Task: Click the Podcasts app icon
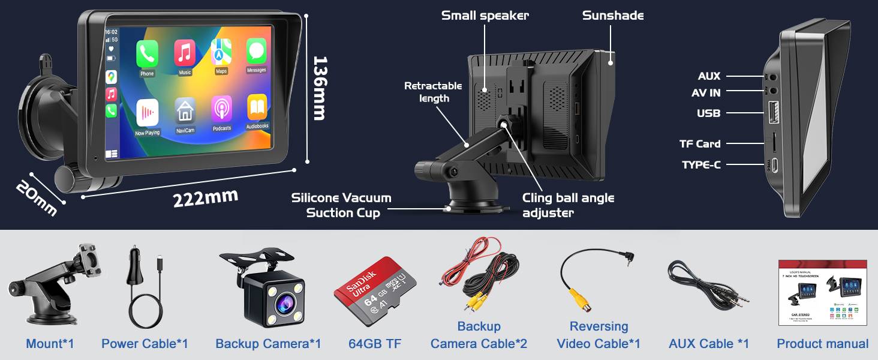coord(221,109)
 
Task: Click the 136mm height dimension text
coord(320,88)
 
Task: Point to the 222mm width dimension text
coord(205,197)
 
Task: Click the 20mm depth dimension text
coord(37,196)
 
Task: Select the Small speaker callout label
coord(485,16)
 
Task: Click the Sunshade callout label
coord(612,16)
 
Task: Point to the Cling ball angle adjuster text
coord(568,205)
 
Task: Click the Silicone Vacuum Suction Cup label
coord(341,205)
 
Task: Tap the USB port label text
coord(708,113)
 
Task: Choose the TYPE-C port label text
coord(701,164)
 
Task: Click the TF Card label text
coord(699,143)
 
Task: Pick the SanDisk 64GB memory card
coord(375,291)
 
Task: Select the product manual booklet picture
coord(822,293)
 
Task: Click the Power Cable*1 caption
coord(145,344)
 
